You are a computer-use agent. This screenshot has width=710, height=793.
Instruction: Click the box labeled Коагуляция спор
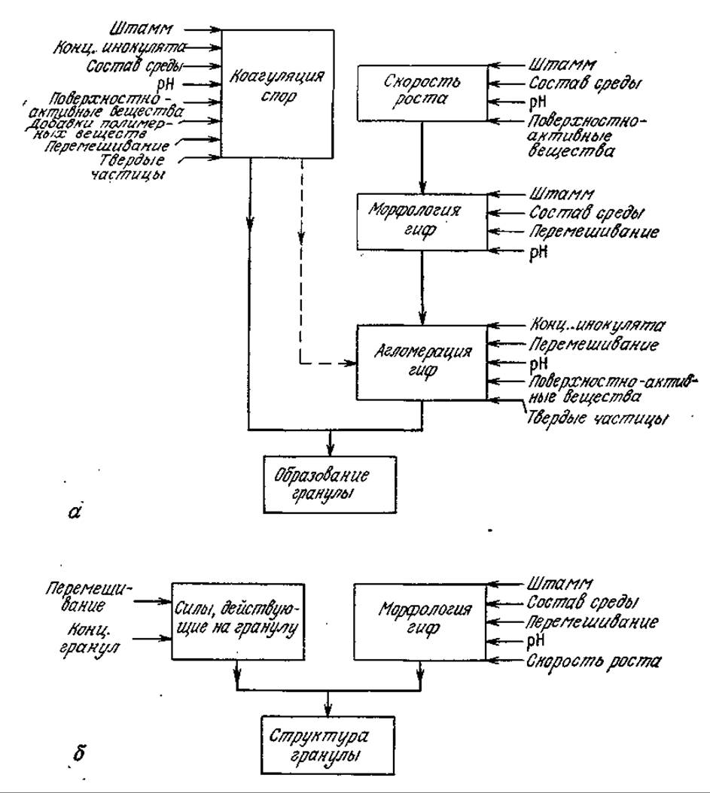(x=278, y=93)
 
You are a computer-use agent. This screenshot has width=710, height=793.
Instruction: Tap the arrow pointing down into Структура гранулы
(x=328, y=703)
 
